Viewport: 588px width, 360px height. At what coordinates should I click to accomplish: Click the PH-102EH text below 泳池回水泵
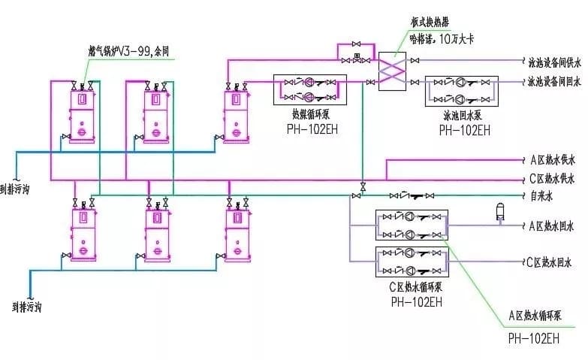[464, 129]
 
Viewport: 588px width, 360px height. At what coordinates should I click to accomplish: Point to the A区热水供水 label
[551, 160]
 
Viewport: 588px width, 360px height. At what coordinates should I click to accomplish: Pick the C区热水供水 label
[551, 179]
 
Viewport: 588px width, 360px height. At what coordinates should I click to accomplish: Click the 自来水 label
[541, 197]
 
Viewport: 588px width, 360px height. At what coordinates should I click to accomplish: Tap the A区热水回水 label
[551, 225]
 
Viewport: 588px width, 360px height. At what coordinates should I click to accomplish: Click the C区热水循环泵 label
[415, 289]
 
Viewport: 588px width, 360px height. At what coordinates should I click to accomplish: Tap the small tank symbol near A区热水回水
[498, 211]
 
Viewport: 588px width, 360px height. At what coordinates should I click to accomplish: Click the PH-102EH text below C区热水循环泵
[416, 302]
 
